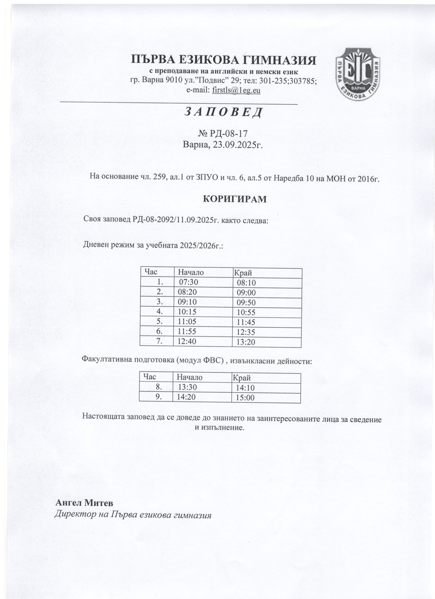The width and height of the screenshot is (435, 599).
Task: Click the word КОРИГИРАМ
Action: pos(235,199)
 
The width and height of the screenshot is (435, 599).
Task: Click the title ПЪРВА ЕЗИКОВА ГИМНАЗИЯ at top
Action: pos(223,60)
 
